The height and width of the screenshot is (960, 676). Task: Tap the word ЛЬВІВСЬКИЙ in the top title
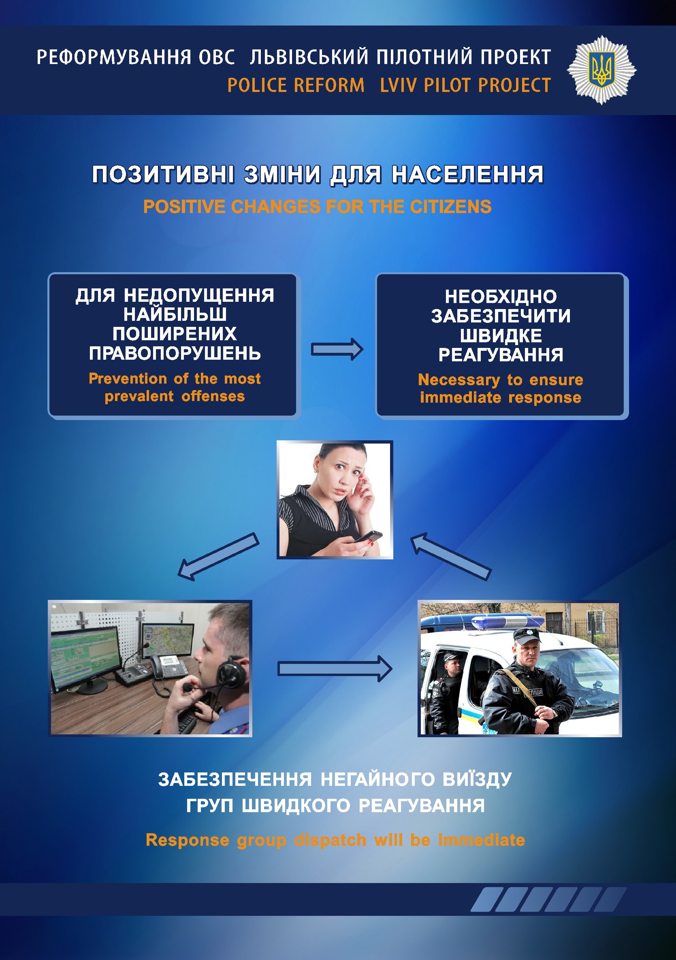pos(309,57)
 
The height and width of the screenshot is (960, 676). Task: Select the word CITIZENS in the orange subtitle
pos(450,207)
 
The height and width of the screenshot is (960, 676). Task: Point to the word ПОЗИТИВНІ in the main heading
pos(163,174)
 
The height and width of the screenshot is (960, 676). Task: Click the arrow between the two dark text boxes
pos(337,349)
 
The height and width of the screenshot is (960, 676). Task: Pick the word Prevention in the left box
pos(128,378)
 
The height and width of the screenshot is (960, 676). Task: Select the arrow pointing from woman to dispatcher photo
pos(218,557)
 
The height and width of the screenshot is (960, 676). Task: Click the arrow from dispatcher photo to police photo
pos(335,669)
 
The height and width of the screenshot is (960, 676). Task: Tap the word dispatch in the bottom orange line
pos(330,840)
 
